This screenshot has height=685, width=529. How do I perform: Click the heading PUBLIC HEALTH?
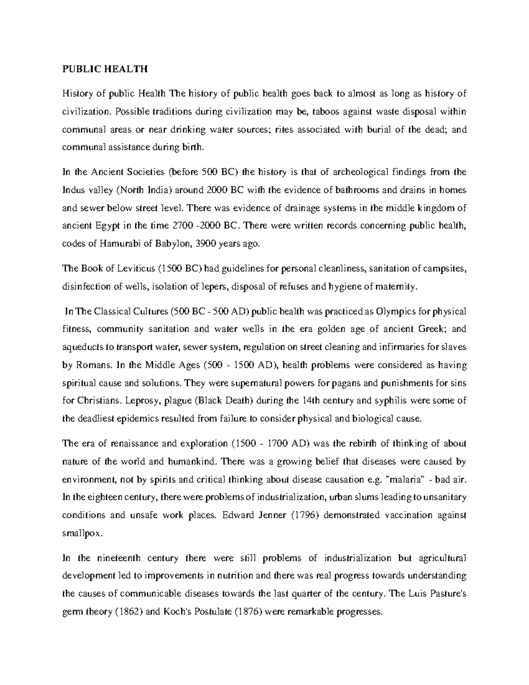[x=104, y=69]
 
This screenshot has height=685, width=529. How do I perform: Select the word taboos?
[x=327, y=112]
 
